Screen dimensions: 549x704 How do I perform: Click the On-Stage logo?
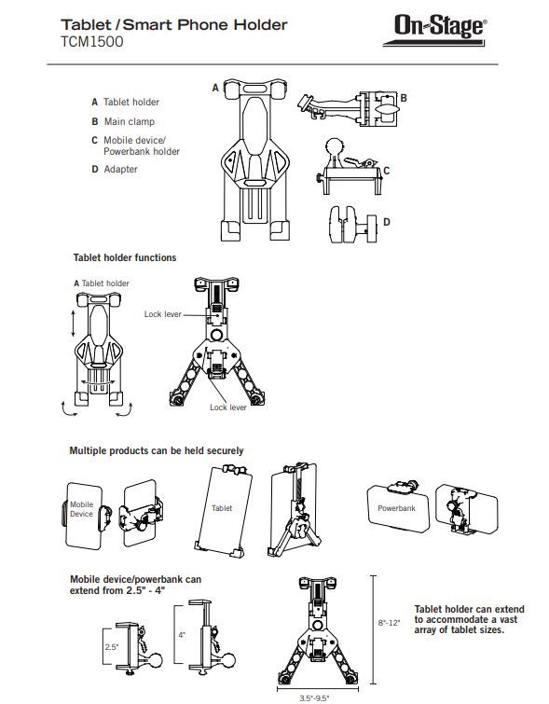(434, 30)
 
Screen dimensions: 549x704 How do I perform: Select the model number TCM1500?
(92, 42)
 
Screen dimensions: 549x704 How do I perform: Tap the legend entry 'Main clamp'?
(130, 121)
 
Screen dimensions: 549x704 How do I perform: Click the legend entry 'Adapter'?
(121, 170)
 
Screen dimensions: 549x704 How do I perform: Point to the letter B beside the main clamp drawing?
(404, 98)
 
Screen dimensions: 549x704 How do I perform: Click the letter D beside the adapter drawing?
(387, 222)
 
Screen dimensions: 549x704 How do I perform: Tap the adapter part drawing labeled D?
(353, 225)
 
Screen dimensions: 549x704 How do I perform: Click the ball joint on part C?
(335, 146)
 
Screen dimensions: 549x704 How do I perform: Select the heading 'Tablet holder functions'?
(125, 257)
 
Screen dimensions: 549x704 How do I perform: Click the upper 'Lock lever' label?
(162, 314)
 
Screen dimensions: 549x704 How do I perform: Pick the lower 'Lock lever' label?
(228, 407)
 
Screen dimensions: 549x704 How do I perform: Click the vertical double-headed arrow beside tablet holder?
(74, 324)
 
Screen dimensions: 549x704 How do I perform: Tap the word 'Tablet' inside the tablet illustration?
(222, 508)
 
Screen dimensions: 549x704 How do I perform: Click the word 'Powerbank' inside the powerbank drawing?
(396, 508)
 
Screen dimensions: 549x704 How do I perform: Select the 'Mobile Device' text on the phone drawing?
(81, 509)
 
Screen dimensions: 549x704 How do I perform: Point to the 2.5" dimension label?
(112, 647)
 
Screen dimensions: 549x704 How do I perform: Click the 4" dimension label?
(182, 635)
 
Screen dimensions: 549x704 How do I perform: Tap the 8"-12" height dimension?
(389, 623)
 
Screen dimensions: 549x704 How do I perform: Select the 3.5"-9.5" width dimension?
(314, 697)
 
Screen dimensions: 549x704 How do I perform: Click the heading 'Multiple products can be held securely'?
(157, 450)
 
